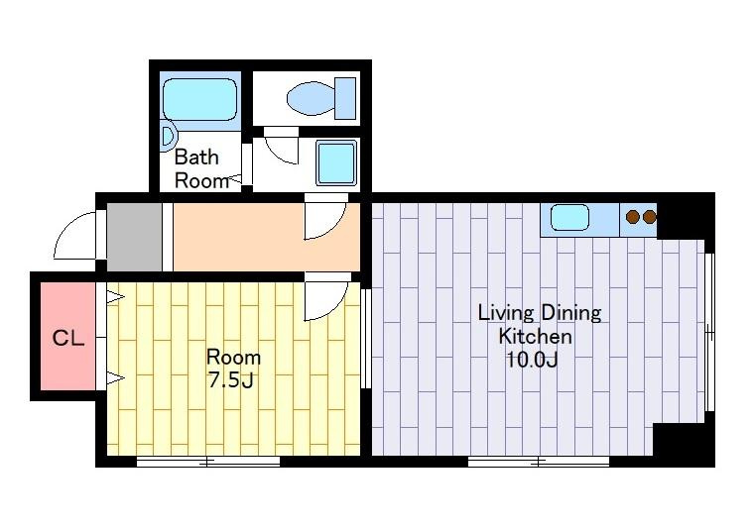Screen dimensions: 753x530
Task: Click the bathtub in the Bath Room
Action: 200,99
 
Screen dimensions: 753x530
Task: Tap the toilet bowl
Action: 311,98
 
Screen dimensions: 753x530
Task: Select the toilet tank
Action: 345,98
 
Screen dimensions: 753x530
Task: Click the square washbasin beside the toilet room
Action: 336,162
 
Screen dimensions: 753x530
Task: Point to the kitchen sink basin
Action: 569,217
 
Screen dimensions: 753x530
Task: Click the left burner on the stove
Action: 633,217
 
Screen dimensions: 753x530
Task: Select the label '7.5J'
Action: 231,380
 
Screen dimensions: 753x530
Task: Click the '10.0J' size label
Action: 532,360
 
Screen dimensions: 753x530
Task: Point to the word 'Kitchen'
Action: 535,336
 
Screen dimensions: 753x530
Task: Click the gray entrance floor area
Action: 134,237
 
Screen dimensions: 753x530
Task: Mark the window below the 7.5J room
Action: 208,462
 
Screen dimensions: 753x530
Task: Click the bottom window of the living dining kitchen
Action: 539,462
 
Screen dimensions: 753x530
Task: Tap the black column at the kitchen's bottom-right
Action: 685,445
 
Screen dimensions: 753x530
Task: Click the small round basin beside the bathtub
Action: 168,136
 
